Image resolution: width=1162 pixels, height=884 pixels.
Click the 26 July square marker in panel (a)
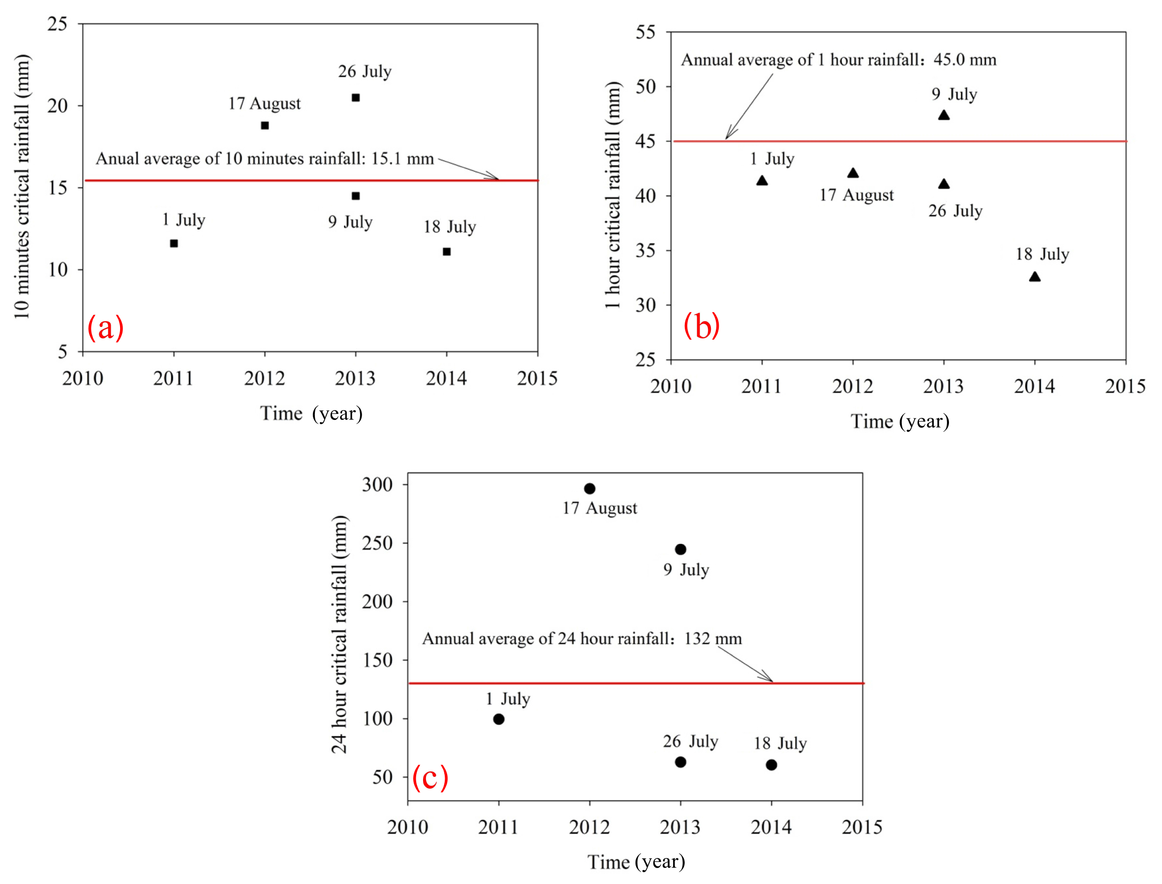355,98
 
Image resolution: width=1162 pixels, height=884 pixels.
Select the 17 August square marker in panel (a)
265,126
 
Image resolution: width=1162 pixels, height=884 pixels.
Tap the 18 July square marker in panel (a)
447,252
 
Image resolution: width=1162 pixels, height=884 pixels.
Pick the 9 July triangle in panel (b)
944,115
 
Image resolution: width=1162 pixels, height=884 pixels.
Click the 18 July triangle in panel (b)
1035,277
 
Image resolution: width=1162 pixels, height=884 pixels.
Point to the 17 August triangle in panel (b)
853,173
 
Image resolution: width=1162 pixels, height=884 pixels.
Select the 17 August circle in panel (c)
590,489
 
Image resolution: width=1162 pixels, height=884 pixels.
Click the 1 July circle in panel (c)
499,719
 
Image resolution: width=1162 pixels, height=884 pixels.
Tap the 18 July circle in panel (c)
771,765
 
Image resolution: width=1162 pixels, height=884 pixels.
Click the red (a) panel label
105,327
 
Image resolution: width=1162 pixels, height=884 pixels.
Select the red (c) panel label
430,777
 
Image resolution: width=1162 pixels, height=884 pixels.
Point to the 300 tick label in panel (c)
377,485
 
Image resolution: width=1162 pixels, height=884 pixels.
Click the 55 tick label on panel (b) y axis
645,32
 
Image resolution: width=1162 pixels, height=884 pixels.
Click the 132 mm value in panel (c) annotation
713,639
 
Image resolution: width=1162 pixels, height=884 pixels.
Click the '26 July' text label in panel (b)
955,211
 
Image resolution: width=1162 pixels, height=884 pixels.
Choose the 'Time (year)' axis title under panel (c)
636,862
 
